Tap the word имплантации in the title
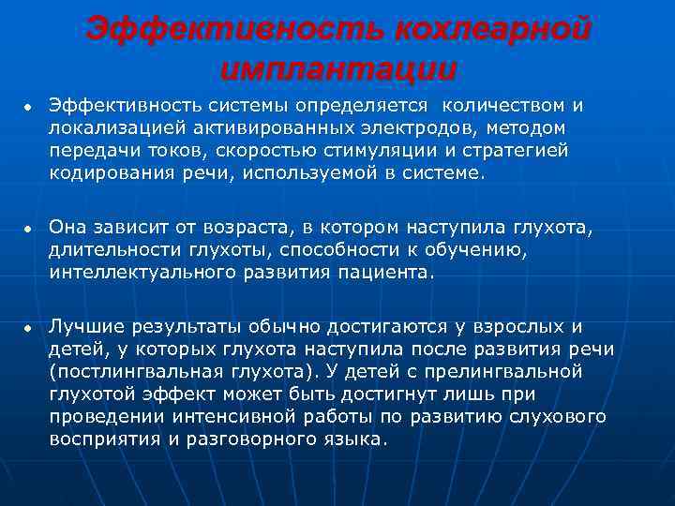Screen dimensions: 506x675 click(339, 68)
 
